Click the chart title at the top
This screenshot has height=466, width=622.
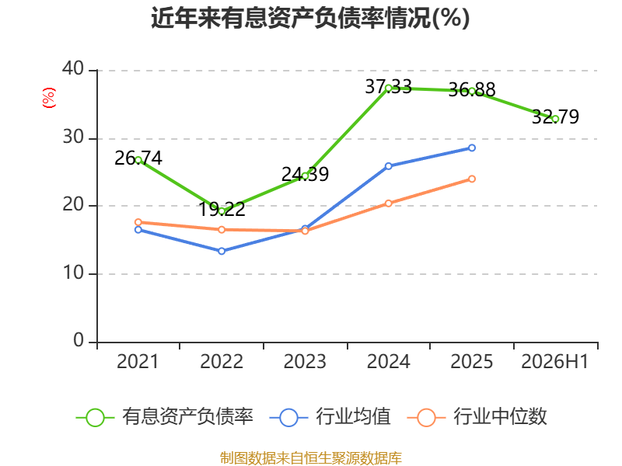[x=310, y=18]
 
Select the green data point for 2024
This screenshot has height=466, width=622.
[x=388, y=89]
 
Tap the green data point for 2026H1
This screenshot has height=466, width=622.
[x=555, y=119]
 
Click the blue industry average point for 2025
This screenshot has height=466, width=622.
[x=472, y=148]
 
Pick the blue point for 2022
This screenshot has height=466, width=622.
[x=222, y=251]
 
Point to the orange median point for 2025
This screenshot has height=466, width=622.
[x=472, y=179]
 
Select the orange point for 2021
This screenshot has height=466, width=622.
[x=138, y=222]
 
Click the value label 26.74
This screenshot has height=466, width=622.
[x=138, y=158]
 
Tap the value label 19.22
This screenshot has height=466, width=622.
[x=222, y=209]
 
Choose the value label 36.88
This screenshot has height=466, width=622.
[x=472, y=89]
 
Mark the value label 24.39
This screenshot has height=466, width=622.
[x=305, y=174]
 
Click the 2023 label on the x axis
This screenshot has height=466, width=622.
[x=305, y=361]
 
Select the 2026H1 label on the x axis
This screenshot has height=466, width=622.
[x=554, y=361]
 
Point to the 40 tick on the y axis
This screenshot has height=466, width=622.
[x=73, y=68]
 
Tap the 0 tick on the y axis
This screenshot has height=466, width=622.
[x=79, y=340]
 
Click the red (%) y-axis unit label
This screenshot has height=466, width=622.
[x=49, y=98]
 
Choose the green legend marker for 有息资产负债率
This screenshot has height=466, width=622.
[x=95, y=418]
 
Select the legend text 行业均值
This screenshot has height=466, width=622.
[x=353, y=416]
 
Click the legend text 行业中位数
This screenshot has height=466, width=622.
[x=500, y=416]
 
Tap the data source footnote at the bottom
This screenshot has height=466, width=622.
[x=310, y=458]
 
